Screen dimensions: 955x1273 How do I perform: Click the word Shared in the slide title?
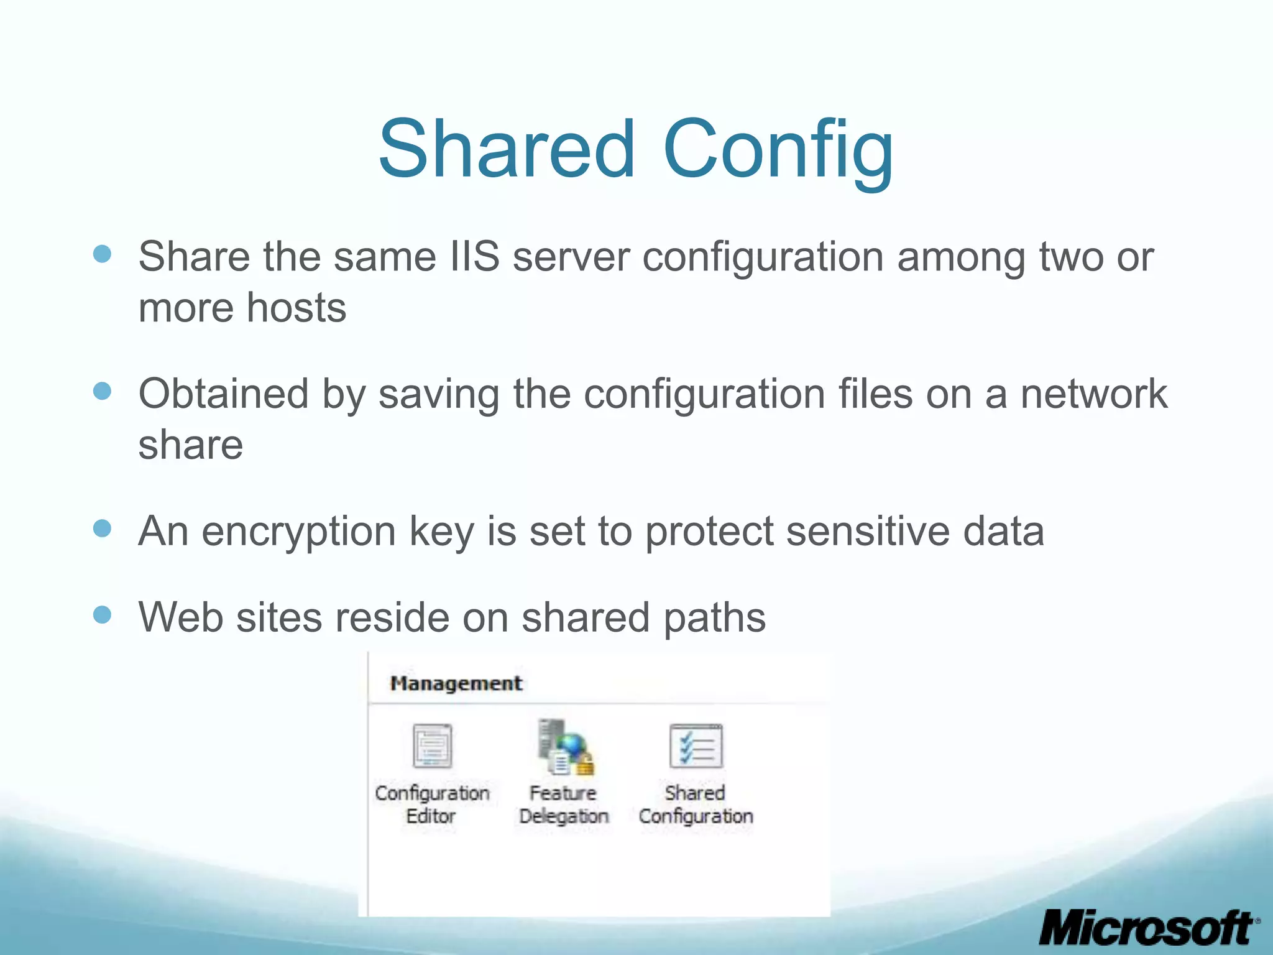pos(507,149)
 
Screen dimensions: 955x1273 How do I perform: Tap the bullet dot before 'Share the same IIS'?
pos(102,254)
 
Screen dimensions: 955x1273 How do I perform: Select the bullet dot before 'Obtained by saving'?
pos(102,391)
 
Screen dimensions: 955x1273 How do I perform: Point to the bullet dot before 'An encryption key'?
pos(102,528)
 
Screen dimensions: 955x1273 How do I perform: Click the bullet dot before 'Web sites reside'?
pos(102,615)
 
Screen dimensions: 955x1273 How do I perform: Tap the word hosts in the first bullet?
pos(296,308)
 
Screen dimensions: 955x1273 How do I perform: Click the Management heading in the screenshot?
pos(456,683)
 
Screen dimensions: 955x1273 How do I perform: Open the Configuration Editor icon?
pos(432,745)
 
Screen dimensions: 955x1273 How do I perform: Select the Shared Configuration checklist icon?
pos(696,745)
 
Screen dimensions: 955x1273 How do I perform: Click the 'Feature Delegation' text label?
pos(564,805)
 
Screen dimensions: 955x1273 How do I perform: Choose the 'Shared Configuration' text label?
pos(696,805)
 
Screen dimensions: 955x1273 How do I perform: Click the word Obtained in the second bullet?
pos(223,394)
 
